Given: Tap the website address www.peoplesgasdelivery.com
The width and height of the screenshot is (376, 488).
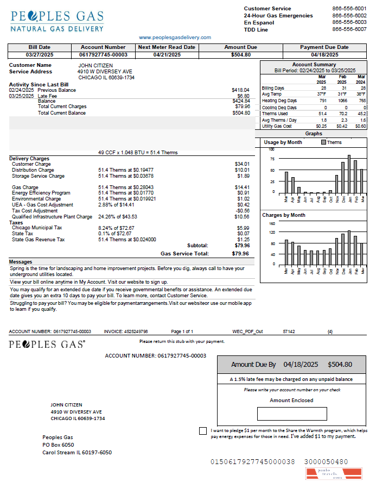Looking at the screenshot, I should click(175, 37).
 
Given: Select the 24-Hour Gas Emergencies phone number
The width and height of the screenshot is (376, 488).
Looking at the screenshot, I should click(349, 16).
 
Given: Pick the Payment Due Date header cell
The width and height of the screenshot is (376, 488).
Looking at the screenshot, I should click(324, 47).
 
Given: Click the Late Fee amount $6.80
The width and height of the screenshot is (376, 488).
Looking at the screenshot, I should click(243, 96).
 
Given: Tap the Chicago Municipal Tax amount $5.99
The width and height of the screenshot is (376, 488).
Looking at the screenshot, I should click(243, 228).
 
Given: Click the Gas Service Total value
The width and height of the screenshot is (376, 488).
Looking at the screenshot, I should click(240, 253).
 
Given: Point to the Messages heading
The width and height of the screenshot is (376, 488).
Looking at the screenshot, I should click(21, 262).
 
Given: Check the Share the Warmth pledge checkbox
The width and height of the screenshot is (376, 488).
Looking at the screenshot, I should click(203, 431).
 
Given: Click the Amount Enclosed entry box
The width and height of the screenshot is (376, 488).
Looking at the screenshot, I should click(292, 414).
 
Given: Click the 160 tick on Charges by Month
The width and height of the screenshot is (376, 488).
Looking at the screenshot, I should click(272, 223).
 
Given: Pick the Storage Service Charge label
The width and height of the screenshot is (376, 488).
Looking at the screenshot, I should click(38, 176).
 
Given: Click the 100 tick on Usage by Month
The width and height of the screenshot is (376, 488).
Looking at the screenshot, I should click(272, 149).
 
